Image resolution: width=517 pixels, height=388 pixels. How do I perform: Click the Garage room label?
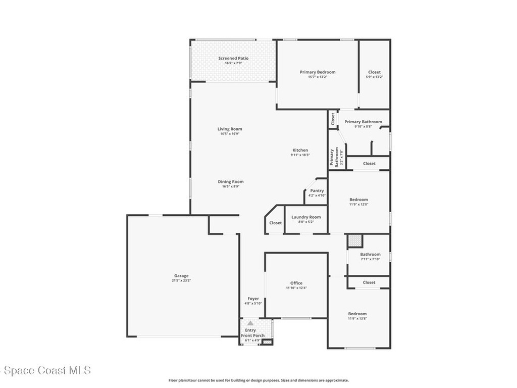pyautogui.click(x=181, y=276)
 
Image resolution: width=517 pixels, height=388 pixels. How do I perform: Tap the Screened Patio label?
pyautogui.click(x=233, y=59)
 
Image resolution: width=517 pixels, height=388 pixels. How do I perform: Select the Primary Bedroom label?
pyautogui.click(x=318, y=72)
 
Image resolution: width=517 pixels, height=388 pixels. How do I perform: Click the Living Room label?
pyautogui.click(x=230, y=129)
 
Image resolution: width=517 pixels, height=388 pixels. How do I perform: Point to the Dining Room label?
pyautogui.click(x=231, y=182)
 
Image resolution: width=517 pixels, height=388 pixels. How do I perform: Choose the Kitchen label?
pyautogui.click(x=300, y=150)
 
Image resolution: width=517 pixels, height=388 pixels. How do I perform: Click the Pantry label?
pyautogui.click(x=317, y=190)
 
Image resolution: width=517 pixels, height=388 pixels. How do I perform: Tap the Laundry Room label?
pyautogui.click(x=306, y=217)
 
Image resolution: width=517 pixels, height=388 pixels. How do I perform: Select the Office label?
pyautogui.click(x=296, y=283)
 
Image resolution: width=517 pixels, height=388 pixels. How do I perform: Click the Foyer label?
pyautogui.click(x=253, y=299)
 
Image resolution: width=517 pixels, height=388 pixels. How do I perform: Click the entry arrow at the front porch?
pyautogui.click(x=250, y=323)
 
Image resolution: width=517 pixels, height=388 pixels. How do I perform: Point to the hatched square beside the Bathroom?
pyautogui.click(x=355, y=240)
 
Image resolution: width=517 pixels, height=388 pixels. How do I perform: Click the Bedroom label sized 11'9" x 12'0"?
pyautogui.click(x=358, y=200)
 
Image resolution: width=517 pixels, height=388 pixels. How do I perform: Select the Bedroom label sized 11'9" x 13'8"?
pyautogui.click(x=357, y=314)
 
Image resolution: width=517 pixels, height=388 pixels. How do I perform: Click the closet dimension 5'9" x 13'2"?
pyautogui.click(x=375, y=77)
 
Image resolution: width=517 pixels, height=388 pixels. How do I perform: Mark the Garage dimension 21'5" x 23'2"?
pyautogui.click(x=181, y=280)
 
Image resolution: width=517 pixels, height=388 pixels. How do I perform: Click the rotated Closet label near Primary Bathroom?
pyautogui.click(x=333, y=119)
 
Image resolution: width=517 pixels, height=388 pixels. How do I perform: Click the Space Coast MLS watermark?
pyautogui.click(x=45, y=370)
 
